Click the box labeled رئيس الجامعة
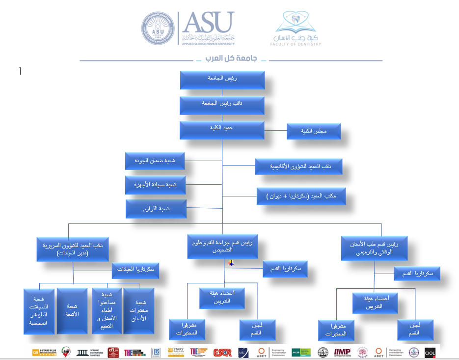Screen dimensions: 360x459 (x=222, y=81)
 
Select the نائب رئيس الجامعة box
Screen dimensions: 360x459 (x=222, y=105)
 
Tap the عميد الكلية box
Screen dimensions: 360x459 (x=222, y=130)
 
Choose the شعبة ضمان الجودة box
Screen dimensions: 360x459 (x=154, y=162)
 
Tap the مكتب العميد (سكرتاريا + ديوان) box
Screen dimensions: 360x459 (x=301, y=196)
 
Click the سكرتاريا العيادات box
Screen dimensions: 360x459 (x=135, y=270)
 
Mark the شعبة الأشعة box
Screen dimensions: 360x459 (x=72, y=310)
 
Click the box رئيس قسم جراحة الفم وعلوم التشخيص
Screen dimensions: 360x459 (x=222, y=247)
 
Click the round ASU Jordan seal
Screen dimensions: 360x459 (x=159, y=29)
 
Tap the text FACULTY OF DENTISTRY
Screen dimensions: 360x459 (x=296, y=44)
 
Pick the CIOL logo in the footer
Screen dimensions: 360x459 (x=430, y=352)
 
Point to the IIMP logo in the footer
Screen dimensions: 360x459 (x=342, y=352)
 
